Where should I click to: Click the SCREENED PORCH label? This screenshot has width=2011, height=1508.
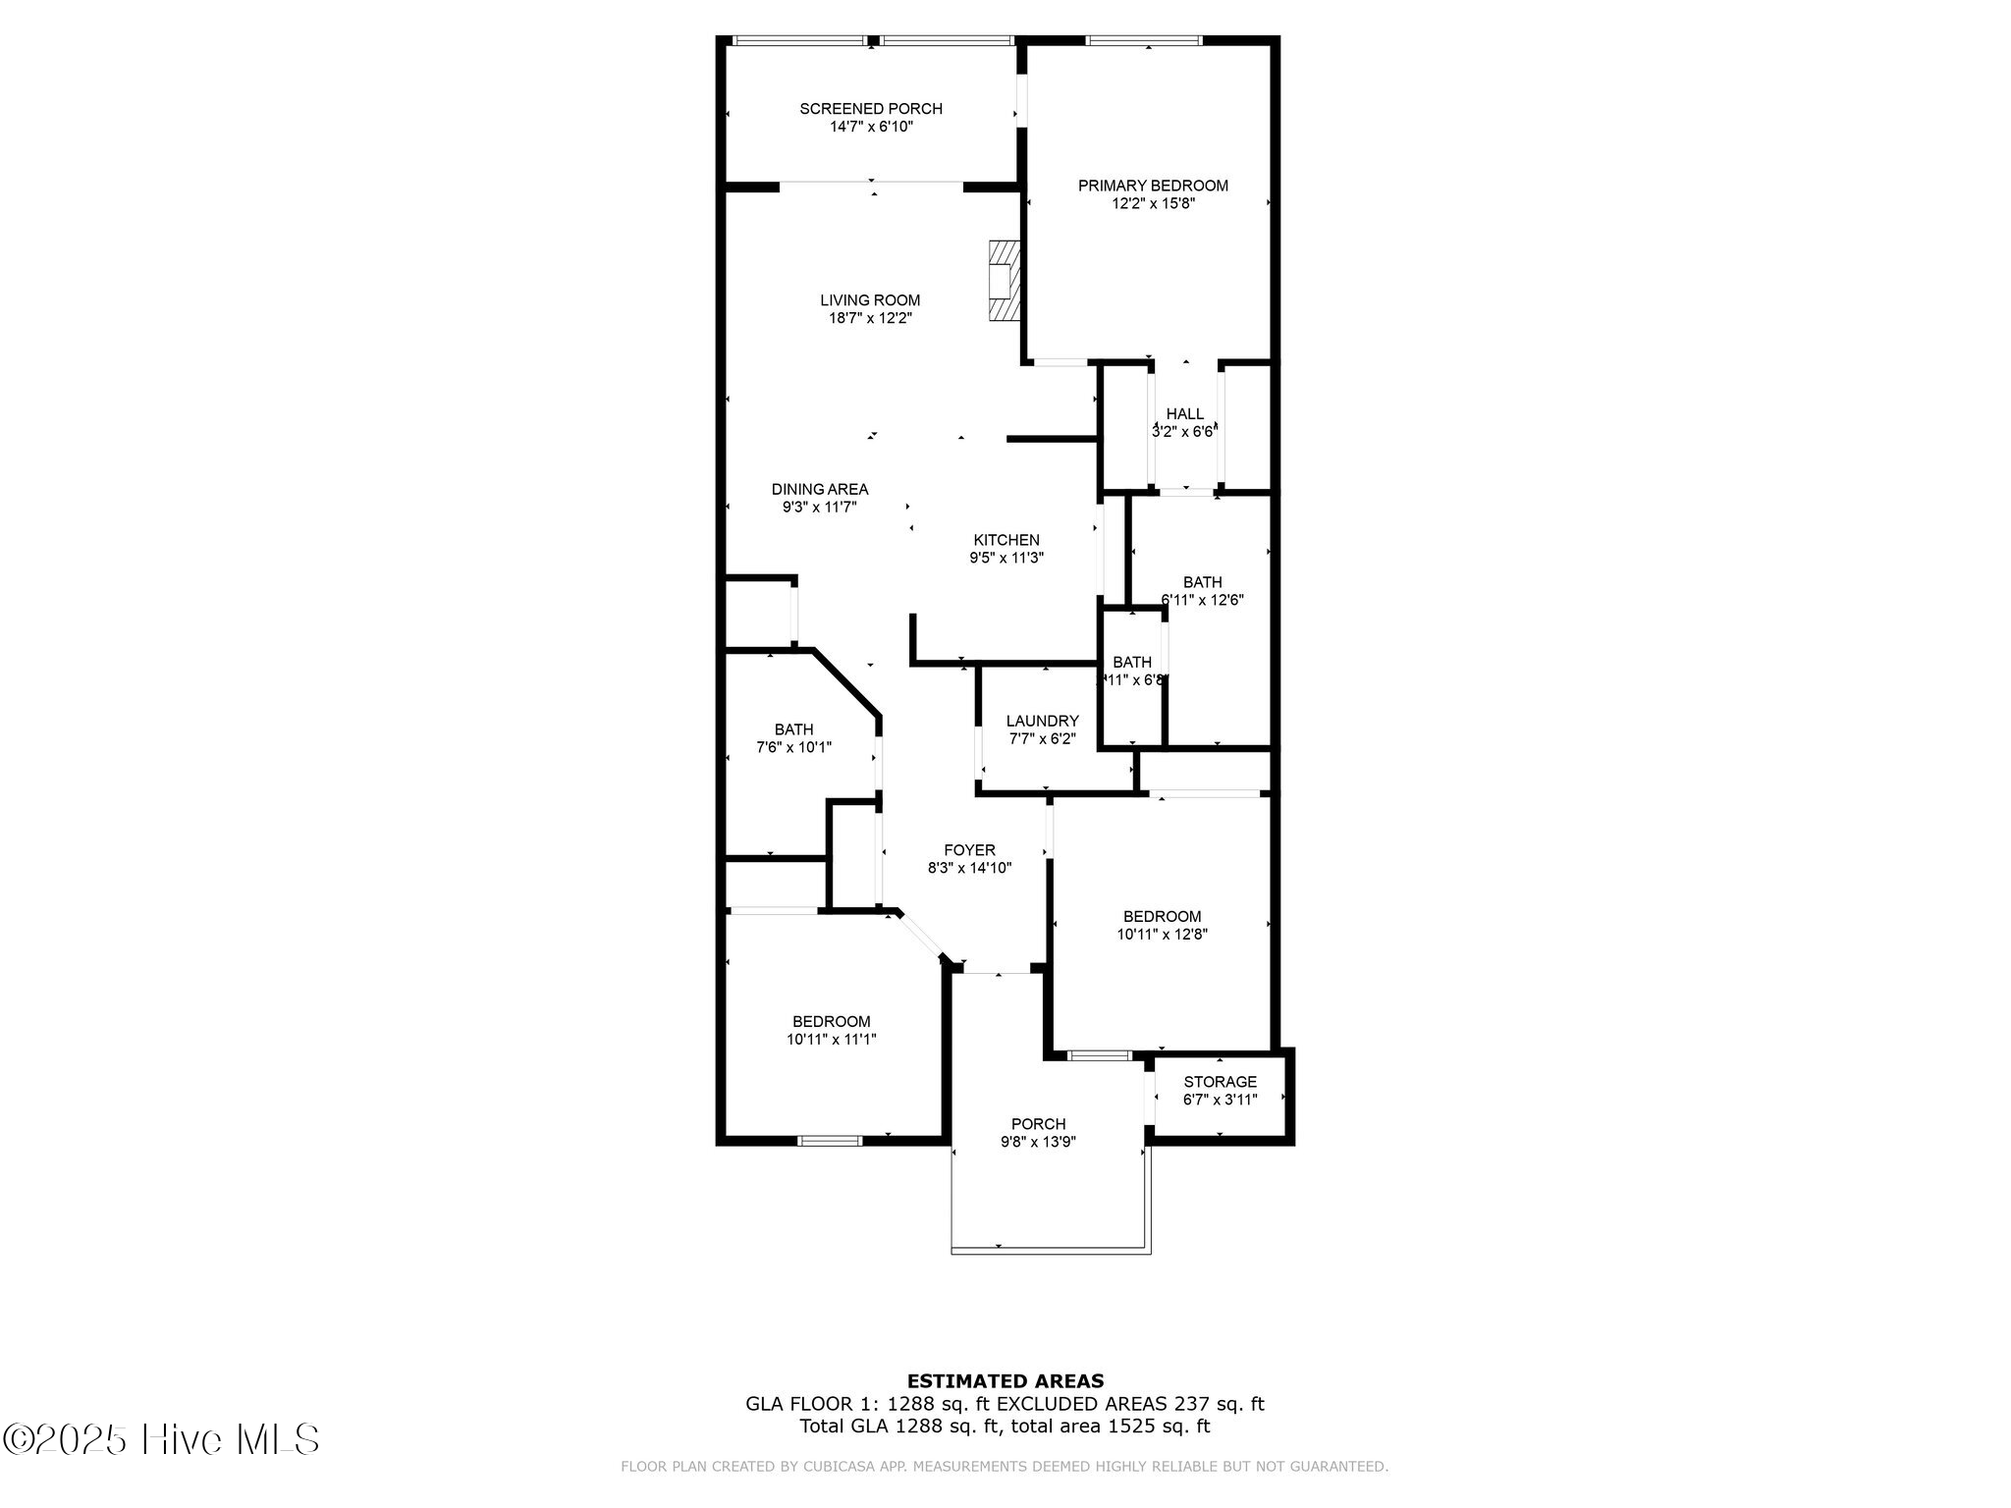[870, 109]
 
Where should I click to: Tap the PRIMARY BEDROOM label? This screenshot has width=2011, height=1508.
[1153, 186]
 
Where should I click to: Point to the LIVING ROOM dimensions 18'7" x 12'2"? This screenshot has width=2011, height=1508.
[870, 318]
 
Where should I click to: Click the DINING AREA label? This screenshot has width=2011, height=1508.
[819, 489]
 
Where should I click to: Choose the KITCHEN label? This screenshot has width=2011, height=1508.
[1005, 540]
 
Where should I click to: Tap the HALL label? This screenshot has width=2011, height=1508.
[1184, 414]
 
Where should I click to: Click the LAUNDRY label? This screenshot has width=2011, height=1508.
[1042, 721]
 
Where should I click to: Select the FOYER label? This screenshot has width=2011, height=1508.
[969, 850]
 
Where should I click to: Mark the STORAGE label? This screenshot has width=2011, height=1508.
[1220, 1082]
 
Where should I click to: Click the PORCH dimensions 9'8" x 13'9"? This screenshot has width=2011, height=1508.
[1038, 1142]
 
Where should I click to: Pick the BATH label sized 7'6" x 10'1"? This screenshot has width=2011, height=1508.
[793, 729]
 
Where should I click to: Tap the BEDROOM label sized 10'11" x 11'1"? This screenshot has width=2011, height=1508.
[831, 1021]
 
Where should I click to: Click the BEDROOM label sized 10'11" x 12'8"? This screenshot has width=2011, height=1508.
[1162, 917]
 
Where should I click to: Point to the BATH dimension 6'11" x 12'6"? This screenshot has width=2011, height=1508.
[1203, 600]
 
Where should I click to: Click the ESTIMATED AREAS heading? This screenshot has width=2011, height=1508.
[1005, 1381]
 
